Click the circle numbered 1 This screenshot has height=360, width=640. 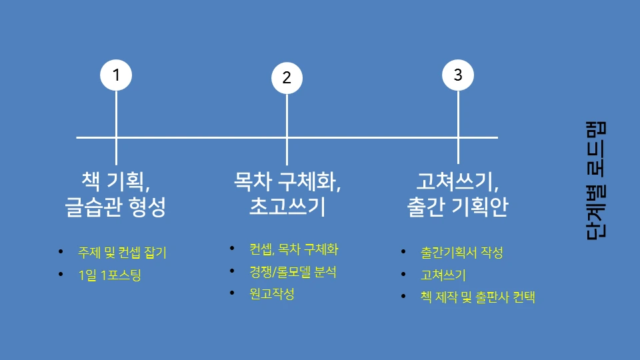coord(116,75)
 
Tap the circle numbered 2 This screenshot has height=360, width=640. coord(287,77)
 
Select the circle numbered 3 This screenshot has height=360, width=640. coord(458,75)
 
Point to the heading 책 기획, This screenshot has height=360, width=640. coord(115,180)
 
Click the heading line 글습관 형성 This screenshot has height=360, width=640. coord(115,207)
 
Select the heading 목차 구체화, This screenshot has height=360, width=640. coord(287,180)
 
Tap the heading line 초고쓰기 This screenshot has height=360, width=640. coord(287,207)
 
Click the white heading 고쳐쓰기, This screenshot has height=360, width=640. coord(457,180)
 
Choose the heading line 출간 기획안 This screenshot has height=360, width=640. coord(457,207)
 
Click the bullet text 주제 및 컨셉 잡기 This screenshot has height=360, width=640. coord(122,253)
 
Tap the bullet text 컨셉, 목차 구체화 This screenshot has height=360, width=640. coord(294,250)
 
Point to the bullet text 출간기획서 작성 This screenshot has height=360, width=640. coord(461,253)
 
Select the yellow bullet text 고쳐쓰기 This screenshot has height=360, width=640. coord(443,275)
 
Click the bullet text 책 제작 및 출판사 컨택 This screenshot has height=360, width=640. coord(477,297)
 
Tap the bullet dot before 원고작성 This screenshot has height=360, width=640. coord(232,293)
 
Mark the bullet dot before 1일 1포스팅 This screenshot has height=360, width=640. coord(61,275)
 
